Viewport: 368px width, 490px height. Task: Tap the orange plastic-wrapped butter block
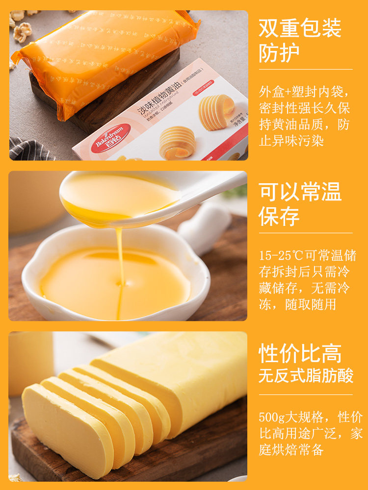pos(103,59)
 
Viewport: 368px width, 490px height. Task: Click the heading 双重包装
pos(300,29)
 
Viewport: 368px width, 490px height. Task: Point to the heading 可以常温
pos(300,192)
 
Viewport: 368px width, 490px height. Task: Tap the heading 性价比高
pos(300,353)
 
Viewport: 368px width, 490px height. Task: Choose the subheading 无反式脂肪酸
pos(306,376)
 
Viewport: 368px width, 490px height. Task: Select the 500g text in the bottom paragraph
pos(271,417)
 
